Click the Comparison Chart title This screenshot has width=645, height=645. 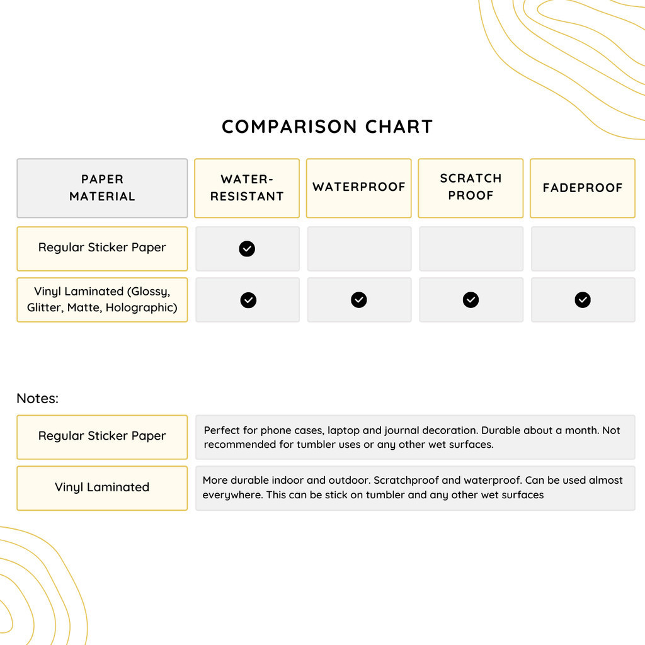tap(327, 127)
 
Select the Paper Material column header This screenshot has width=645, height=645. tap(102, 188)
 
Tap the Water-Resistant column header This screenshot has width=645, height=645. tap(247, 188)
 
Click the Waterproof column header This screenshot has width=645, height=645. tap(359, 187)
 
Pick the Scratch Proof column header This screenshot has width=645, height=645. tap(471, 187)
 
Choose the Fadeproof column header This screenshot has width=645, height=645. tap(583, 188)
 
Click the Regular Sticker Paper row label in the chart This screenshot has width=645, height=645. tap(102, 248)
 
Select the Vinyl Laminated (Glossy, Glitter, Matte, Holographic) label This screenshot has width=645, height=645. tap(102, 300)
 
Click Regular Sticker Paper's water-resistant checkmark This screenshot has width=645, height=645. tap(247, 249)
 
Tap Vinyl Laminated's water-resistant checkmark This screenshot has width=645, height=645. tap(248, 300)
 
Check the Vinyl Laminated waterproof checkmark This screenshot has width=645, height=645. tap(359, 300)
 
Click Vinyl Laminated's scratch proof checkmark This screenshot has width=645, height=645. tap(471, 300)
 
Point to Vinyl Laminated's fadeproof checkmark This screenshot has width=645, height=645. tap(583, 300)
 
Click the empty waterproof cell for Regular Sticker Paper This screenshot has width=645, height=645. tap(359, 249)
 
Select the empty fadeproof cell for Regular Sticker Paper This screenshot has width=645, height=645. tap(583, 249)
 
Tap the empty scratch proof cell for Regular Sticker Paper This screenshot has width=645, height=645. tap(471, 249)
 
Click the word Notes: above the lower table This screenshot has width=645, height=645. tap(37, 399)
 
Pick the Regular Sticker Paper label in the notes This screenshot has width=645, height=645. tap(102, 436)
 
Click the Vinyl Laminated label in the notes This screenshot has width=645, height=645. tap(102, 488)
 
